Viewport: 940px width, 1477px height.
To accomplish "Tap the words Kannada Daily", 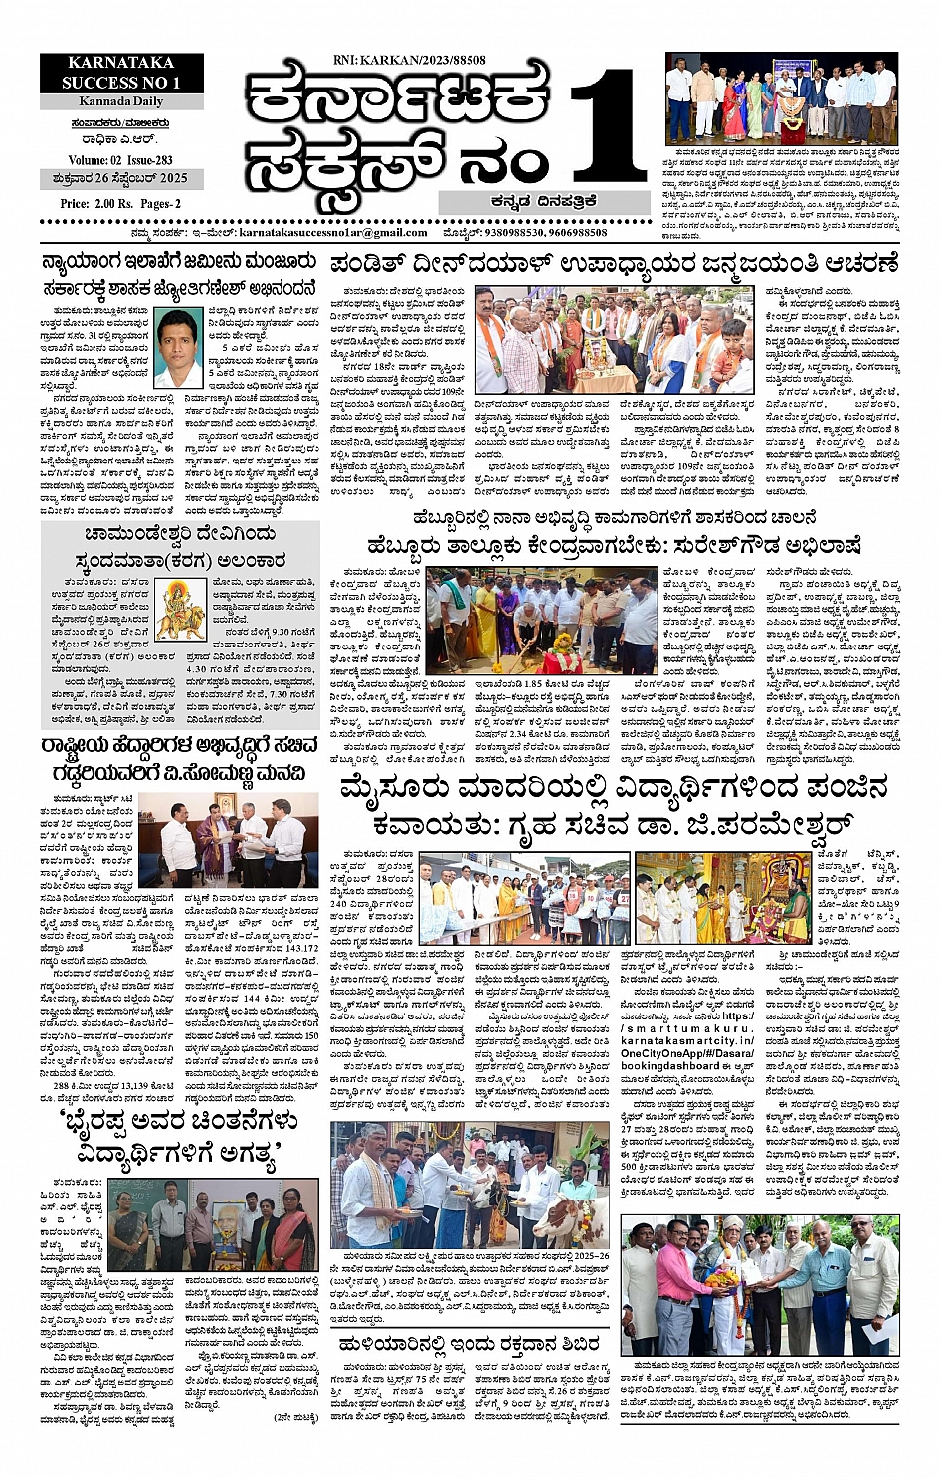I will [121, 101].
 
